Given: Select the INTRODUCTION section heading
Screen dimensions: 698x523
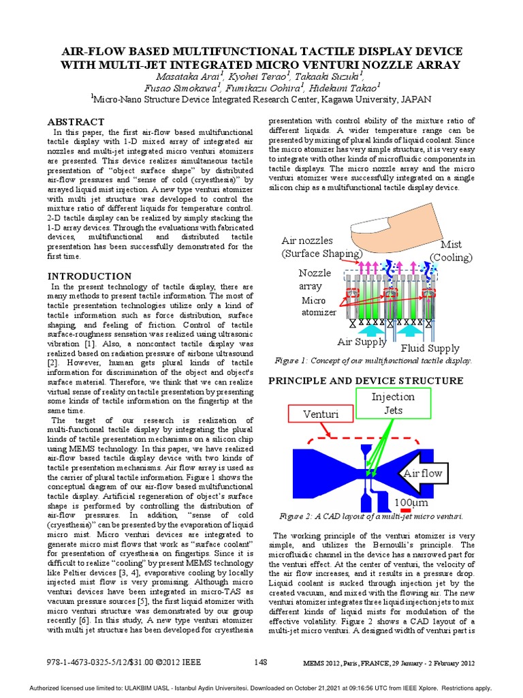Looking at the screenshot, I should point(89,276).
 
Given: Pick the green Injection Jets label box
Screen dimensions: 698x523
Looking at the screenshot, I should point(392,403).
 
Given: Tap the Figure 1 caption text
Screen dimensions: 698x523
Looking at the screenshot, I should point(373,361).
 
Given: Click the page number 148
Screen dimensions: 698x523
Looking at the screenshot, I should point(261,662).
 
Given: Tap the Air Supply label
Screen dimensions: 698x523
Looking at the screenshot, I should point(362,342).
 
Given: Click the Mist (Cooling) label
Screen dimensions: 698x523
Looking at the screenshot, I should point(450,250).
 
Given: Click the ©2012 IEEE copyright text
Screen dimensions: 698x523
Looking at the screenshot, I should point(179,662).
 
